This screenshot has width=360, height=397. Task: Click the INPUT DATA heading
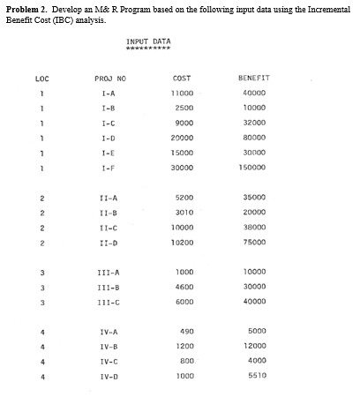(x=148, y=41)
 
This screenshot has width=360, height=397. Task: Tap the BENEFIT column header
(x=256, y=78)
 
